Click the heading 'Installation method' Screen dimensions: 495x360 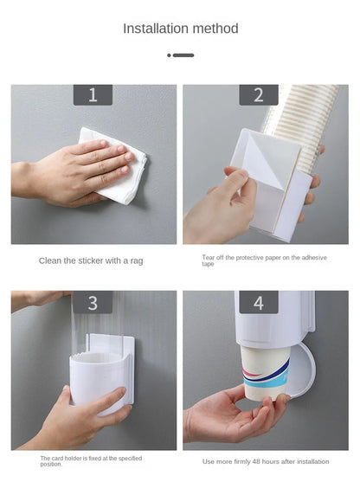tap(180, 29)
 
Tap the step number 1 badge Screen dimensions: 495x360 tap(93, 95)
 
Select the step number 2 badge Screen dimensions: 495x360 tap(258, 95)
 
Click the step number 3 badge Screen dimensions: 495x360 tap(93, 302)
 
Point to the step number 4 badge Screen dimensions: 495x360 tap(258, 302)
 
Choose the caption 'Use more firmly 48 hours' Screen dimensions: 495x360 tap(266, 461)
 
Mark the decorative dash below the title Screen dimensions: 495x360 tap(180, 55)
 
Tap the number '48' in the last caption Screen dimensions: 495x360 tap(260, 461)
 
